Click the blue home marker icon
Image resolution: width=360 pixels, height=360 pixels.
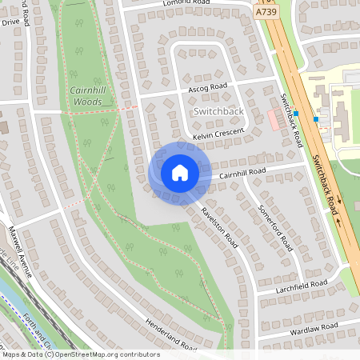[x=179, y=172]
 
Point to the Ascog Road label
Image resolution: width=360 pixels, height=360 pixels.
[x=208, y=86]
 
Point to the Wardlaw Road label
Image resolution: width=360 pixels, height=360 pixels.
[x=315, y=329]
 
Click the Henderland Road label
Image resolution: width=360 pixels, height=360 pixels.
[x=170, y=335]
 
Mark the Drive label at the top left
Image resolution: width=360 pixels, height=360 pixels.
[x=10, y=22]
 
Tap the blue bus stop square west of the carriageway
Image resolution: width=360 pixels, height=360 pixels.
[x=297, y=114]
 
